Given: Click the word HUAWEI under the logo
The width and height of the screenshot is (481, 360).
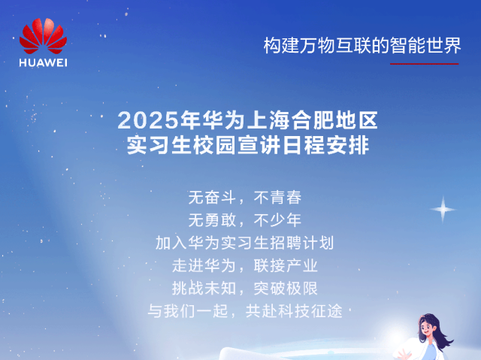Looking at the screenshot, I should [x=44, y=62].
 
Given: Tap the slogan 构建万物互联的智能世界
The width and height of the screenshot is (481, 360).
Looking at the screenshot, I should [x=362, y=45].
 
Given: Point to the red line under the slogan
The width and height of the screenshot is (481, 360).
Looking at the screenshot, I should [x=424, y=64].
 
